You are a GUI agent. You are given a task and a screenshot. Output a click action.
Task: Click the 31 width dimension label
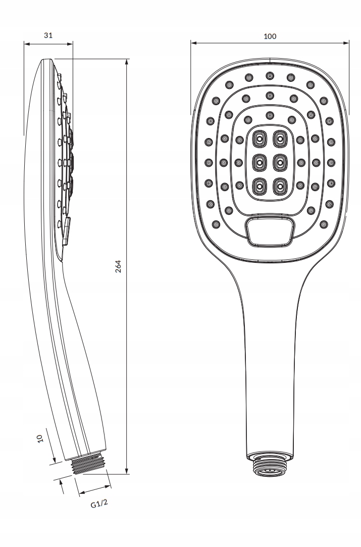tap(48, 35)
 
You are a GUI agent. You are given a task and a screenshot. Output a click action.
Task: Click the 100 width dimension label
tap(270, 36)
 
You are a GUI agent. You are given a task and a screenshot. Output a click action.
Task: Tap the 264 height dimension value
tap(118, 266)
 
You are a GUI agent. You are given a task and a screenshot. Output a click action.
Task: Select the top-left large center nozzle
tap(260, 138)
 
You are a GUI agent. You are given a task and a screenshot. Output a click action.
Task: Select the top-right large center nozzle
tap(279, 138)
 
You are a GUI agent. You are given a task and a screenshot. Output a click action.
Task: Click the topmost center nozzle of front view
tap(270, 76)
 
